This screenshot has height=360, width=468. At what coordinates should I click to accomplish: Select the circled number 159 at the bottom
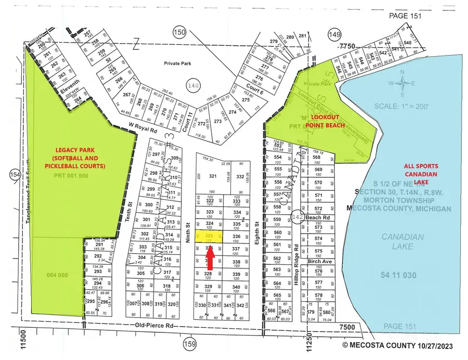tap(189, 344)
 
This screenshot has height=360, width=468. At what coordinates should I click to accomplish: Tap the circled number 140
tap(193, 84)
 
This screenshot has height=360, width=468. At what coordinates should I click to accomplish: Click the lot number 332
tap(240, 177)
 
